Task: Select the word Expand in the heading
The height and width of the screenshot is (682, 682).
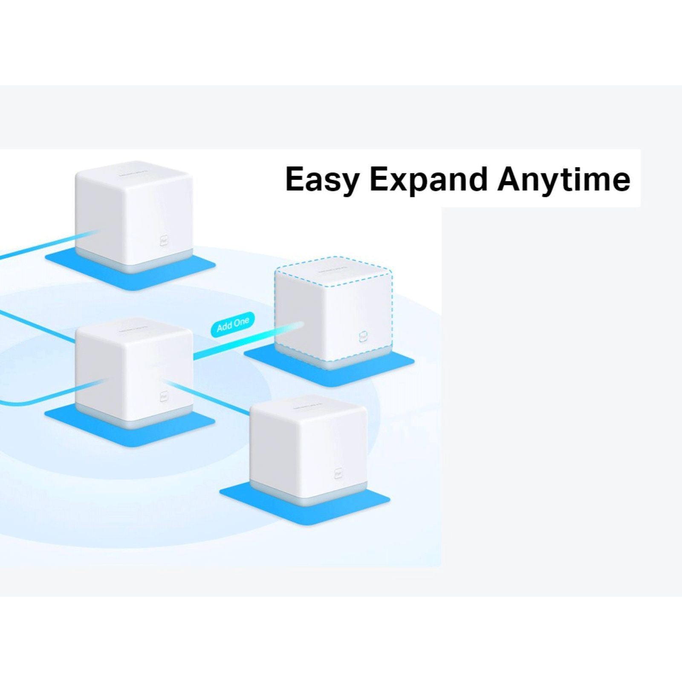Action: click(x=428, y=179)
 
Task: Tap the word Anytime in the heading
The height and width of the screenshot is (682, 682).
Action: click(x=564, y=179)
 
